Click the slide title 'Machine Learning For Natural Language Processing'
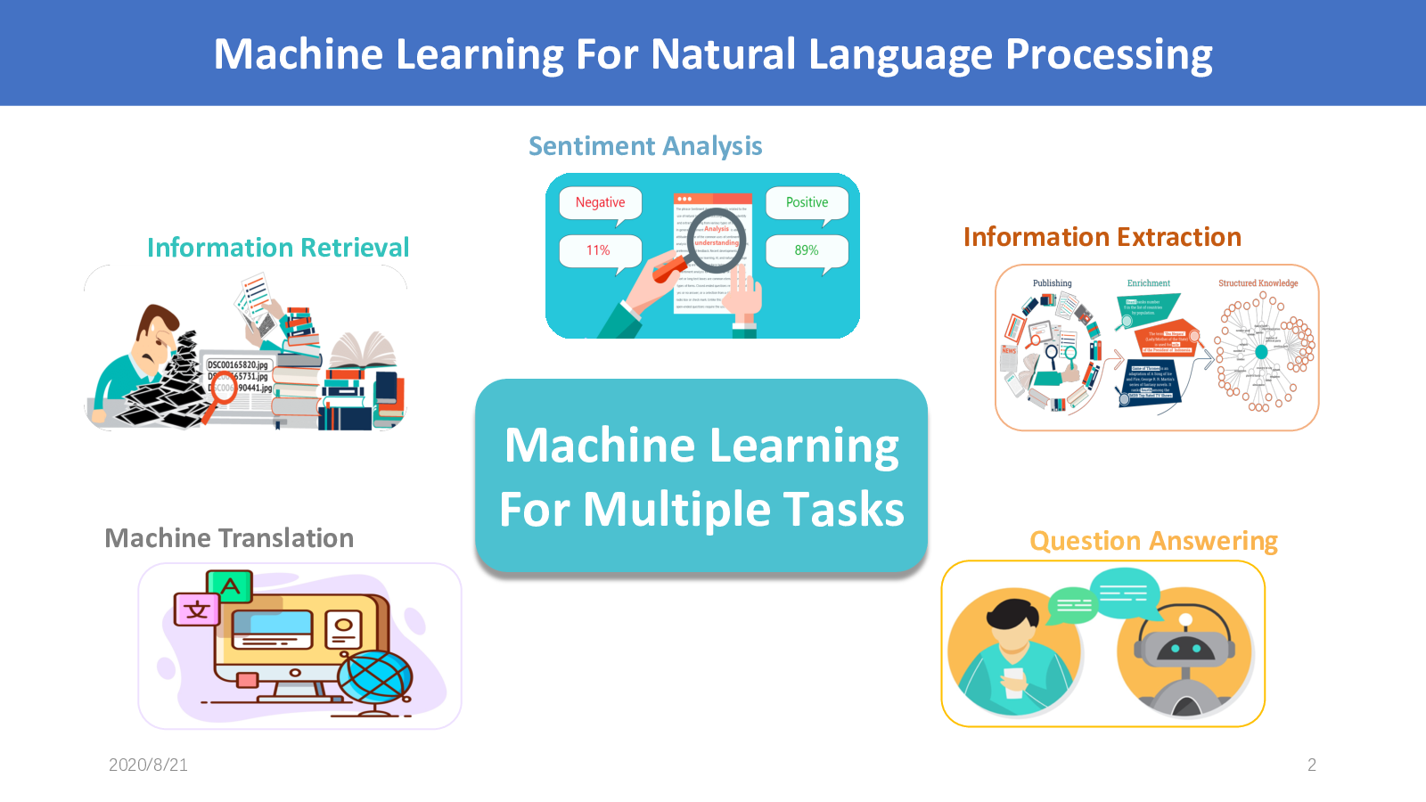(713, 54)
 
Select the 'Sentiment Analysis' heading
(645, 146)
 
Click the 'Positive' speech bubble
(807, 203)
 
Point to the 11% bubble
(599, 250)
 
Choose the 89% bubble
(807, 250)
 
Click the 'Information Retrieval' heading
(278, 248)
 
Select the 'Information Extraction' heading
(1102, 237)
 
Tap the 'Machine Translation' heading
(229, 538)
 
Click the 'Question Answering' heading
(1153, 541)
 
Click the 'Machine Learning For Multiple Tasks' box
(701, 477)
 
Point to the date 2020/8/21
(148, 765)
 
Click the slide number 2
(1311, 765)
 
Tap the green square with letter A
(231, 586)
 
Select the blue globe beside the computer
(375, 676)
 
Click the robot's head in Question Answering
(1184, 646)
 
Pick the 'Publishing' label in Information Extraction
(1052, 283)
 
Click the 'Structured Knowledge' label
(1258, 283)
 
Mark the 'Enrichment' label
(1148, 283)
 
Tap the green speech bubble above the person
(1074, 605)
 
